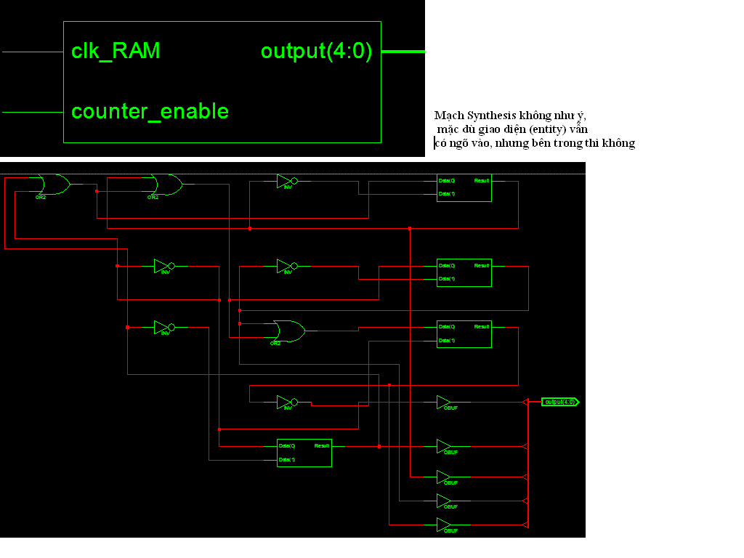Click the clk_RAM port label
pyautogui.click(x=116, y=52)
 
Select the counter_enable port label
pyautogui.click(x=150, y=111)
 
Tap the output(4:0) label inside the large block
pyautogui.click(x=316, y=52)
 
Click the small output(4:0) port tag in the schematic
pyautogui.click(x=560, y=402)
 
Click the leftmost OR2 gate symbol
pyautogui.click(x=53, y=185)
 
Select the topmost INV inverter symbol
pyautogui.click(x=286, y=181)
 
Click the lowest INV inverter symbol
pyautogui.click(x=286, y=402)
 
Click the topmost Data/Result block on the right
pyautogui.click(x=464, y=187)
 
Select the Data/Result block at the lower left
pyautogui.click(x=304, y=453)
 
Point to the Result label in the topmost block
pyautogui.click(x=482, y=180)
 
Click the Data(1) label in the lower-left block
pyautogui.click(x=287, y=460)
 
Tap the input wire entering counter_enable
pyautogui.click(x=33, y=112)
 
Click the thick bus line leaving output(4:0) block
pyautogui.click(x=403, y=52)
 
